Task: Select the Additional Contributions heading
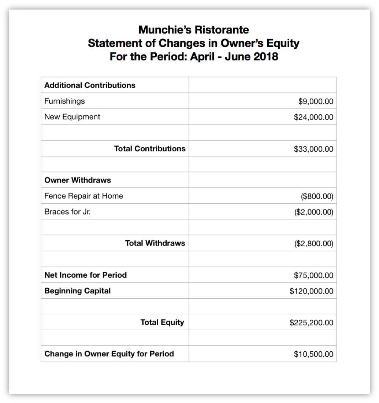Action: click(90, 85)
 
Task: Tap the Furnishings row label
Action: click(64, 101)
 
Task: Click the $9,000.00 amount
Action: click(316, 101)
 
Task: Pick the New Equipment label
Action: click(72, 117)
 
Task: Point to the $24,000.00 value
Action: click(313, 117)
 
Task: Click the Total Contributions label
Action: click(149, 148)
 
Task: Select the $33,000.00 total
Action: click(313, 149)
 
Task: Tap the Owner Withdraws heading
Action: click(78, 180)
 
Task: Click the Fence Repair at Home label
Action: click(83, 196)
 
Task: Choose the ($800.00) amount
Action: click(317, 196)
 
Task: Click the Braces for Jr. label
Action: click(67, 212)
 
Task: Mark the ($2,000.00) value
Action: click(314, 212)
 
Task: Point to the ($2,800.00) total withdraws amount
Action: click(314, 243)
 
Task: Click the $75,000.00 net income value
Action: click(313, 275)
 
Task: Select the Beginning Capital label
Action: click(77, 291)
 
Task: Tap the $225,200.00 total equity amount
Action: click(311, 322)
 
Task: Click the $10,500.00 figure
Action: click(313, 354)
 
